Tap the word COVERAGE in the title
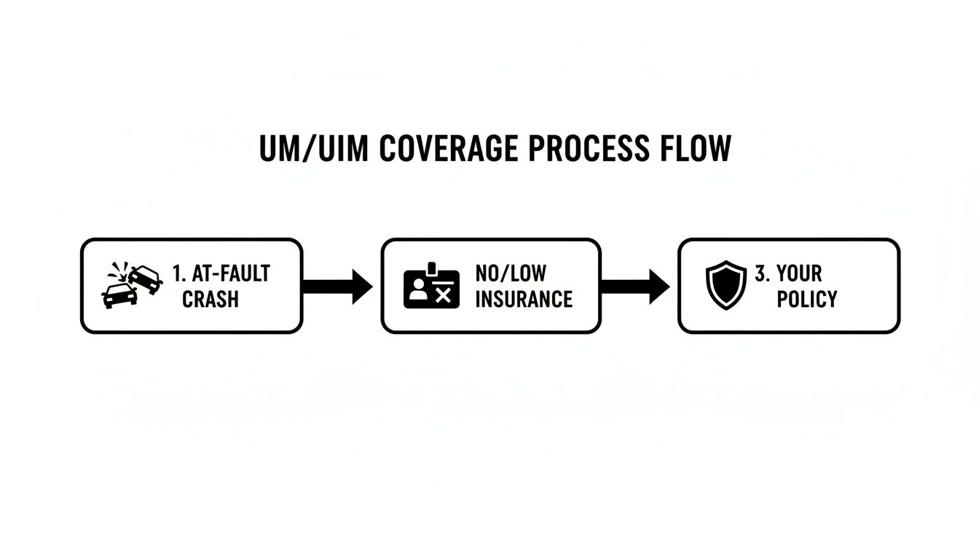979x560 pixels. click(449, 149)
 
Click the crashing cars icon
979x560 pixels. click(132, 285)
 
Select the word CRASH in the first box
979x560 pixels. click(210, 299)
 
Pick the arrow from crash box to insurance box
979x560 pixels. click(337, 286)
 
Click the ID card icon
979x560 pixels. click(431, 287)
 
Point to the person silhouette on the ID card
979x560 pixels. click(418, 290)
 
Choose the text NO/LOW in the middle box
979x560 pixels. click(511, 273)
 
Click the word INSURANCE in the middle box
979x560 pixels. click(523, 299)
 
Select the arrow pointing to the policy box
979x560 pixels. click(634, 286)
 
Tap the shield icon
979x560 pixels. click(726, 285)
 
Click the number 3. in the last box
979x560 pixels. click(762, 273)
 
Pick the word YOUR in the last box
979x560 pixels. click(799, 273)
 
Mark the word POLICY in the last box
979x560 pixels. click(806, 299)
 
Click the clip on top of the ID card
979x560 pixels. click(431, 268)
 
